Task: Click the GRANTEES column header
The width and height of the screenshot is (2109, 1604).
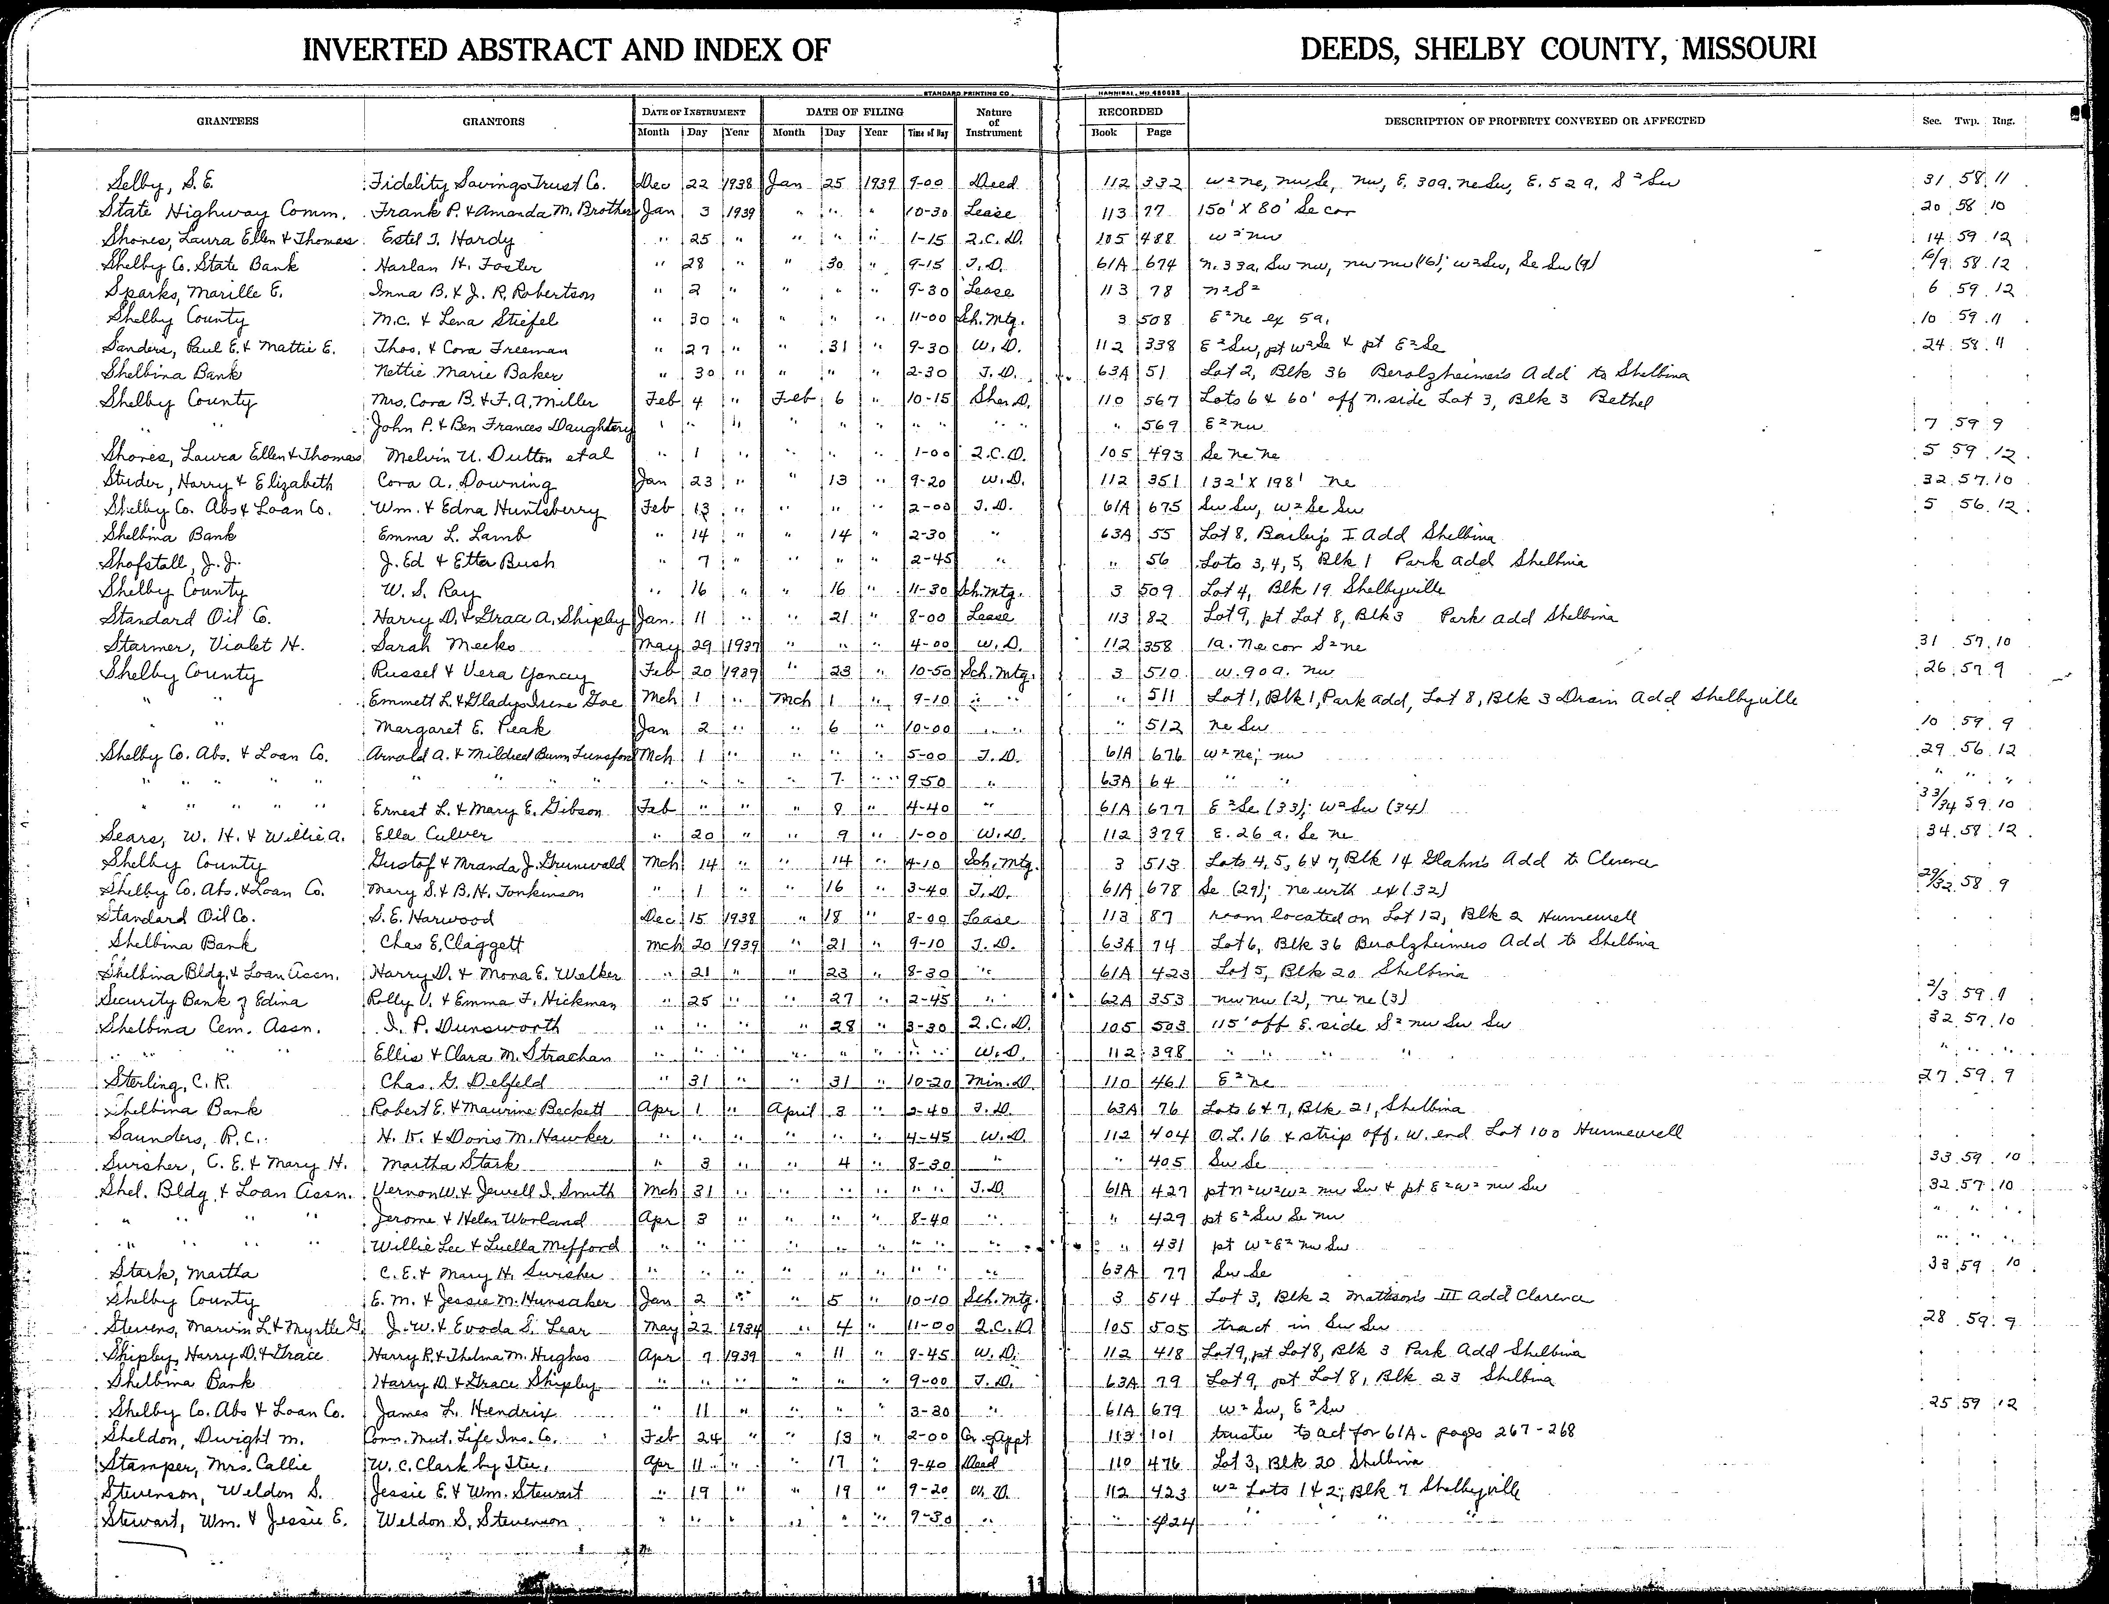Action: pyautogui.click(x=227, y=121)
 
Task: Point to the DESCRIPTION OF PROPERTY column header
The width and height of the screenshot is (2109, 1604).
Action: pyautogui.click(x=1544, y=121)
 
